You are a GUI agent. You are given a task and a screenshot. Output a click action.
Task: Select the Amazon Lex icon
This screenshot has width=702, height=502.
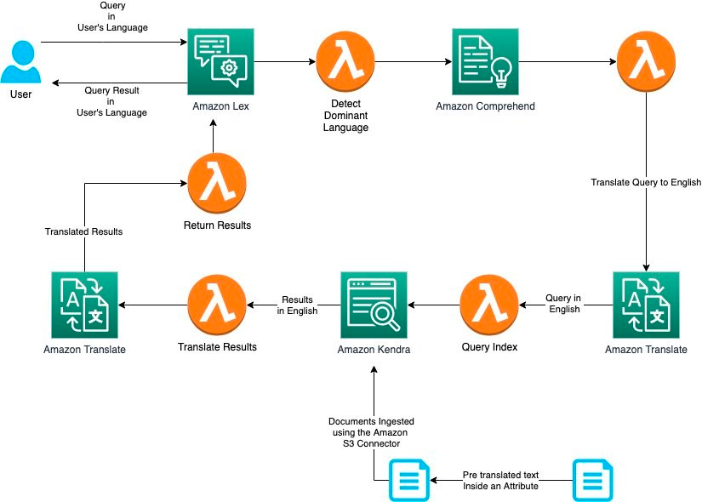pos(220,61)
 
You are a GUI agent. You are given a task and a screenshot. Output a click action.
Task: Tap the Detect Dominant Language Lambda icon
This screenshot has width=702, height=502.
pos(345,61)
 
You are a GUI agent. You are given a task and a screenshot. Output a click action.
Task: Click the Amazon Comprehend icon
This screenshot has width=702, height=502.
pos(486,61)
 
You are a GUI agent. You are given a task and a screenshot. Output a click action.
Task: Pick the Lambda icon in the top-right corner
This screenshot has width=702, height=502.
pos(646,61)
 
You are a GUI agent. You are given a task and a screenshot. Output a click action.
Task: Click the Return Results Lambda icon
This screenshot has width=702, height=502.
pos(217,182)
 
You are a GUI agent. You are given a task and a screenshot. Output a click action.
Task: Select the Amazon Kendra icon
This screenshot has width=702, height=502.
pos(374,305)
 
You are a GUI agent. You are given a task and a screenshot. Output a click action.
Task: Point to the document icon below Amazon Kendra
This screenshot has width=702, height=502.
pos(408,480)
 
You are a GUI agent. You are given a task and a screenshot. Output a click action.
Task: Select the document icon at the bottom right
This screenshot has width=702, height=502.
pos(592,480)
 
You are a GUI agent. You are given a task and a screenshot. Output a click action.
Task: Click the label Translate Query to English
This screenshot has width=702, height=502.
pos(646,182)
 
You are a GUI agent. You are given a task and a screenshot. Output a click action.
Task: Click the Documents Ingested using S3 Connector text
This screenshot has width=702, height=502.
pos(373,433)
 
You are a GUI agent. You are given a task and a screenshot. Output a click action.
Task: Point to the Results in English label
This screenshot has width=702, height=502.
pos(297,305)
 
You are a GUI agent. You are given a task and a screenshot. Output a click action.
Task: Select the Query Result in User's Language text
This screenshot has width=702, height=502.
pos(116,101)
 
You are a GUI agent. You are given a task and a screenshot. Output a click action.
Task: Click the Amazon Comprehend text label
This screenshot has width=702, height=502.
pos(485,106)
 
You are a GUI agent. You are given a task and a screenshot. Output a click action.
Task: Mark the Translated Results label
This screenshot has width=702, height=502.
pos(83,231)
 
